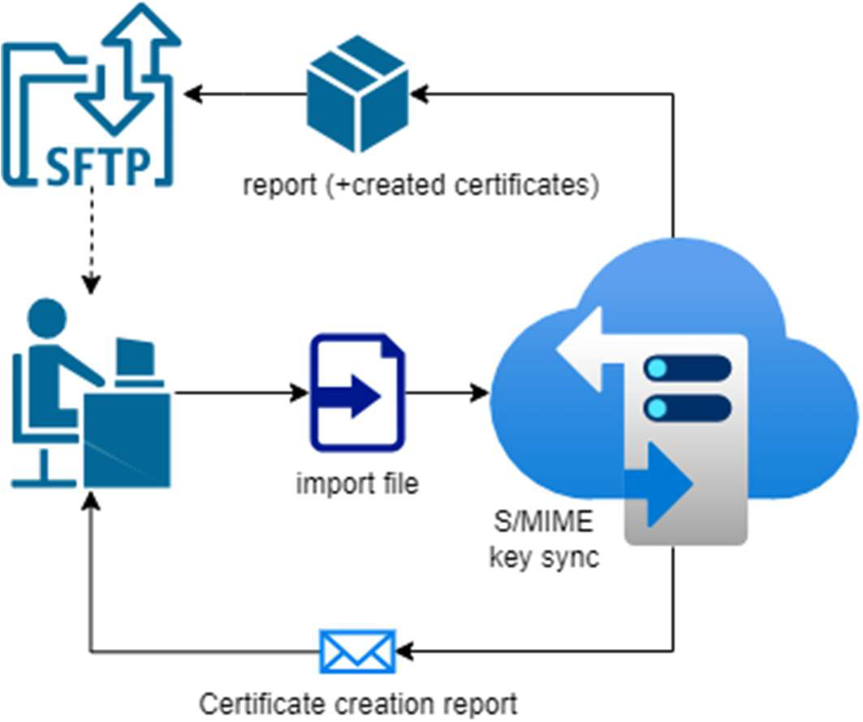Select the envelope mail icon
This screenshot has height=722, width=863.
[358, 651]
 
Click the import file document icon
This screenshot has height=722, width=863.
[357, 393]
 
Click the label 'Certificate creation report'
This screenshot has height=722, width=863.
[358, 703]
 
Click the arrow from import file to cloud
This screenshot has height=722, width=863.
[447, 393]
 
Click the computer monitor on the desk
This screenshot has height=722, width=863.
[135, 357]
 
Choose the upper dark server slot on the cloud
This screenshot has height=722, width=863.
[687, 367]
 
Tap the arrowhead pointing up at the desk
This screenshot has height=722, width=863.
[92, 501]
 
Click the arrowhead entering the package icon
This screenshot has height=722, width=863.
[419, 94]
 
